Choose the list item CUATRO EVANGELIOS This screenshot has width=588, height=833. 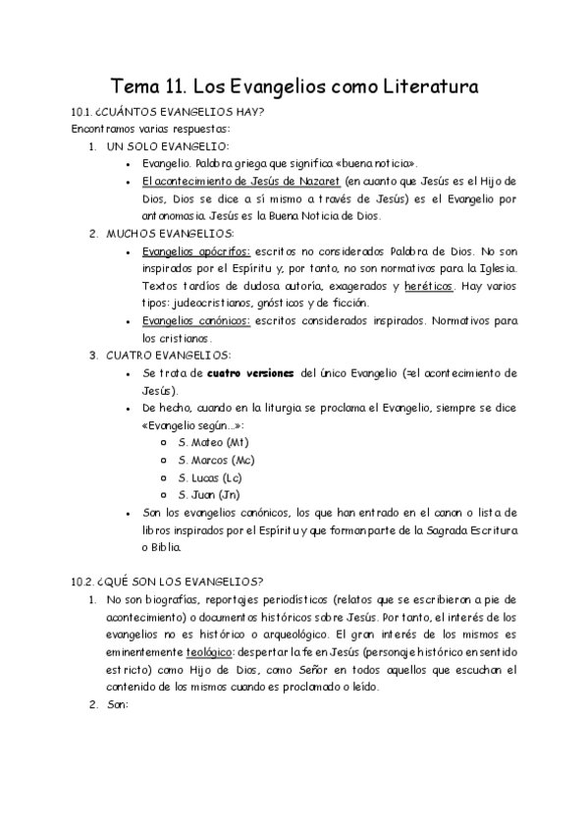point(169,355)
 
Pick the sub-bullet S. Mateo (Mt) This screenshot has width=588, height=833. point(213,443)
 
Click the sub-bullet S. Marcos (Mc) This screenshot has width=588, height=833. point(216,460)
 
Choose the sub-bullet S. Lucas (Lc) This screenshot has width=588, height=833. point(210,477)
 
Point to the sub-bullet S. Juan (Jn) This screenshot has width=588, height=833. point(209,494)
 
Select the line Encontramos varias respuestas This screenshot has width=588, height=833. point(136,129)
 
